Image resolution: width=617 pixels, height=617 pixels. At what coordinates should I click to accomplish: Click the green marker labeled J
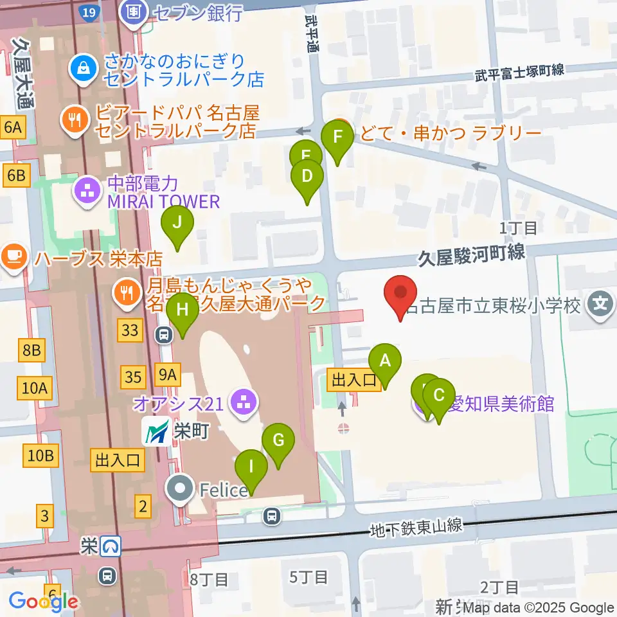pyautogui.click(x=177, y=223)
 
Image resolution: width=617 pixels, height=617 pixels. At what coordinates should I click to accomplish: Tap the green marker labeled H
pyautogui.click(x=183, y=310)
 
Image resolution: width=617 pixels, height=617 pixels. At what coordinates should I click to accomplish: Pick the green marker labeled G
pyautogui.click(x=278, y=441)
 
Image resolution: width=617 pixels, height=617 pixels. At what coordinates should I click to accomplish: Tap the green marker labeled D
pyautogui.click(x=307, y=176)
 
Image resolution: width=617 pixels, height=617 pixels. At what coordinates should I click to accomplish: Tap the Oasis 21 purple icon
pyautogui.click(x=243, y=404)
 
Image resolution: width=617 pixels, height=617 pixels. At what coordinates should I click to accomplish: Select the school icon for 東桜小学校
pyautogui.click(x=601, y=301)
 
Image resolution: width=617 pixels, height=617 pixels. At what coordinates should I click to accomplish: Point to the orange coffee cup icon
pyautogui.click(x=13, y=258)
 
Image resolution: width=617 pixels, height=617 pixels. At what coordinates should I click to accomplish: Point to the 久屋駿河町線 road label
pyautogui.click(x=472, y=255)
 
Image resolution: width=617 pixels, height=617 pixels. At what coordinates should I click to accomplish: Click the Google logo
pyautogui.click(x=44, y=602)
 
